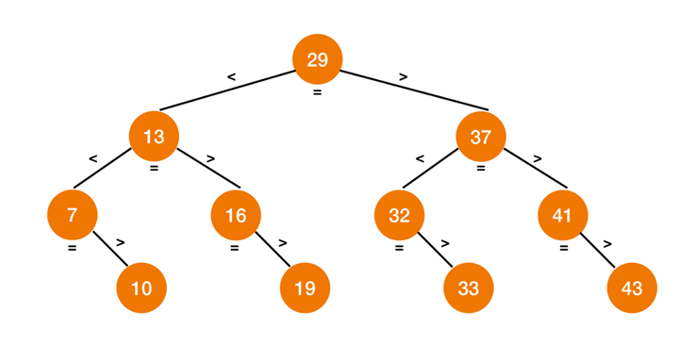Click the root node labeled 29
tap(317, 59)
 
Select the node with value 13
tap(154, 137)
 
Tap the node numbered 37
tap(480, 137)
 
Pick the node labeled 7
tap(73, 215)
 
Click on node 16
tap(236, 215)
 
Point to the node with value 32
tap(399, 215)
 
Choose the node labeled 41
tap(562, 215)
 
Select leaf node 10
tap(141, 287)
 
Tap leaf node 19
tap(305, 287)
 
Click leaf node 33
tap(468, 287)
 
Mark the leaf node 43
tap(631, 287)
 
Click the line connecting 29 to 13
tap(226, 90)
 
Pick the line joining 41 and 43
tap(596, 251)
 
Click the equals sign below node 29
tap(317, 92)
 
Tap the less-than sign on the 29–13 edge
tap(231, 75)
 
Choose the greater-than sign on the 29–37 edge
tap(403, 75)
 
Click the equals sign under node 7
tap(72, 249)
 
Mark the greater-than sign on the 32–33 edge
tap(445, 243)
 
